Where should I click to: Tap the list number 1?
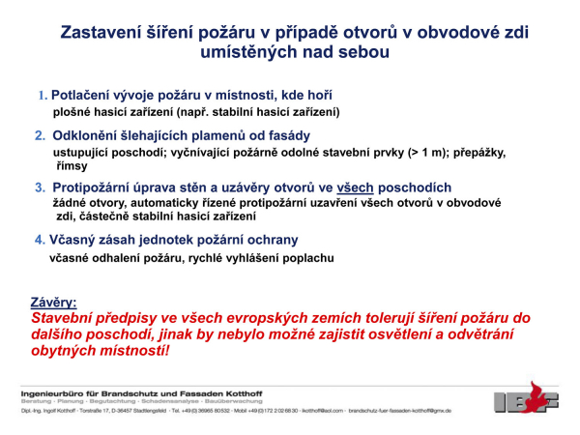click(42, 96)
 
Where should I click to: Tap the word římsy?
click(72, 166)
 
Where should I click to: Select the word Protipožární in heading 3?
click(101, 188)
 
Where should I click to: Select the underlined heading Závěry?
click(54, 302)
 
